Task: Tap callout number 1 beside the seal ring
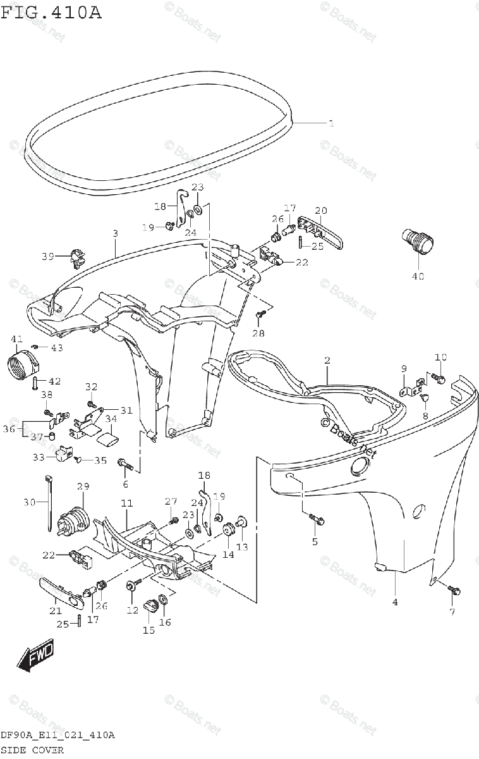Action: click(x=330, y=123)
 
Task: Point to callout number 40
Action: click(x=418, y=276)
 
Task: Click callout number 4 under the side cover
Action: click(x=395, y=602)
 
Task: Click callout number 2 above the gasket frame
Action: click(x=327, y=361)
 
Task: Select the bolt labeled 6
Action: click(x=124, y=467)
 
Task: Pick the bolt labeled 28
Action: click(x=258, y=314)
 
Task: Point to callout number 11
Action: click(x=126, y=503)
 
